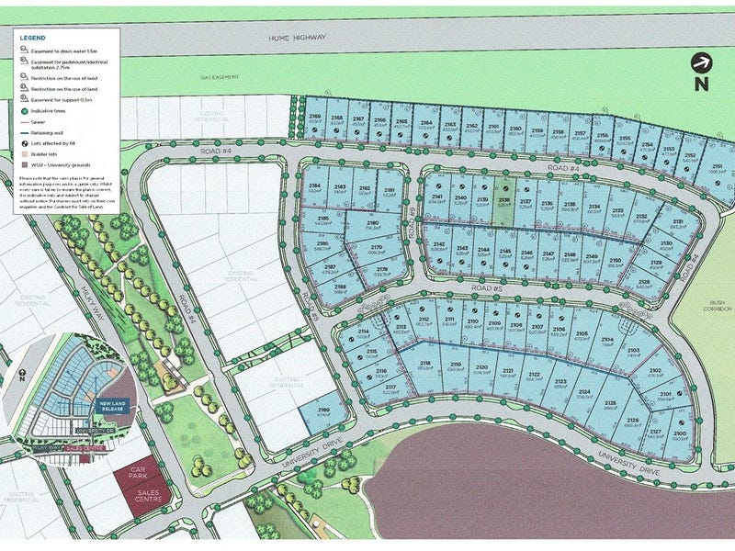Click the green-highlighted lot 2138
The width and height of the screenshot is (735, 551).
point(503,201)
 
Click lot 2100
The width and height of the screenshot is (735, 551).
point(680,437)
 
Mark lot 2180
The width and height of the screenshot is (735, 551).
point(372,227)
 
